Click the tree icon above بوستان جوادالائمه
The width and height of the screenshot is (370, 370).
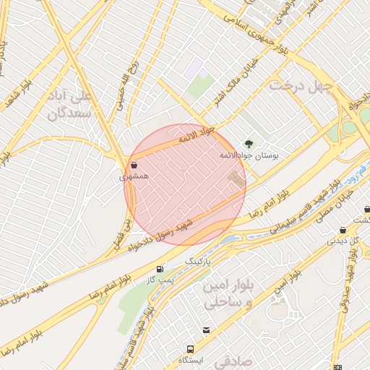(x=249, y=144)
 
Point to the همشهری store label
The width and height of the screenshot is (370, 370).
(x=134, y=176)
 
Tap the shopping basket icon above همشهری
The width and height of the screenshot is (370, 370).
(x=135, y=164)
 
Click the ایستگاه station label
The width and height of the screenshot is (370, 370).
(x=192, y=359)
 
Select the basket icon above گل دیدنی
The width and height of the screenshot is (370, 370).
(x=343, y=230)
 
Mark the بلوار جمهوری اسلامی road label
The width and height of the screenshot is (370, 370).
(x=248, y=25)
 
